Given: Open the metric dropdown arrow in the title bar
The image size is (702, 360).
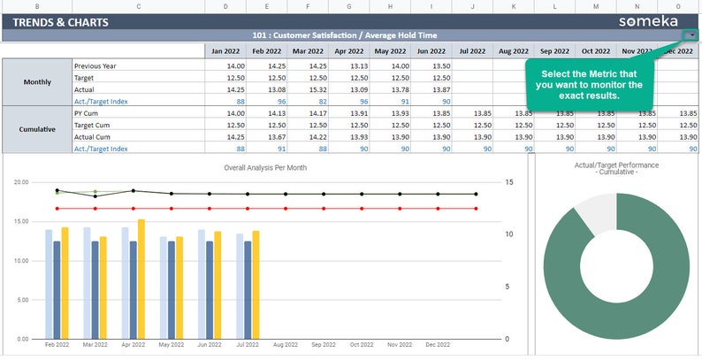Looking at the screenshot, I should [x=690, y=35].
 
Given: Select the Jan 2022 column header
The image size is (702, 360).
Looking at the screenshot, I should [x=227, y=51].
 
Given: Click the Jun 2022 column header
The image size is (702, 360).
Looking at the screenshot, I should [x=431, y=51].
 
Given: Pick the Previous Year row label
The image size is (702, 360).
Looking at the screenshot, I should [x=95, y=65].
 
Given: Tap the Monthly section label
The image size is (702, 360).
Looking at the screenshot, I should [x=37, y=83].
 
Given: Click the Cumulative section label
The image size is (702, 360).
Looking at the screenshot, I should [x=37, y=130].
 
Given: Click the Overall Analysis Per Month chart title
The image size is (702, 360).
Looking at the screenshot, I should [x=265, y=167].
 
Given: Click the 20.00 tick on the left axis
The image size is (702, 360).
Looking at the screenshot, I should [x=21, y=181].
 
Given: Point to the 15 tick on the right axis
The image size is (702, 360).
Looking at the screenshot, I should [x=509, y=182].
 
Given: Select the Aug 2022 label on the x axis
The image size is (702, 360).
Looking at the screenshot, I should [x=286, y=345].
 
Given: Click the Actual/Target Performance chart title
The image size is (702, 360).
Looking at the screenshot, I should [x=616, y=168].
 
